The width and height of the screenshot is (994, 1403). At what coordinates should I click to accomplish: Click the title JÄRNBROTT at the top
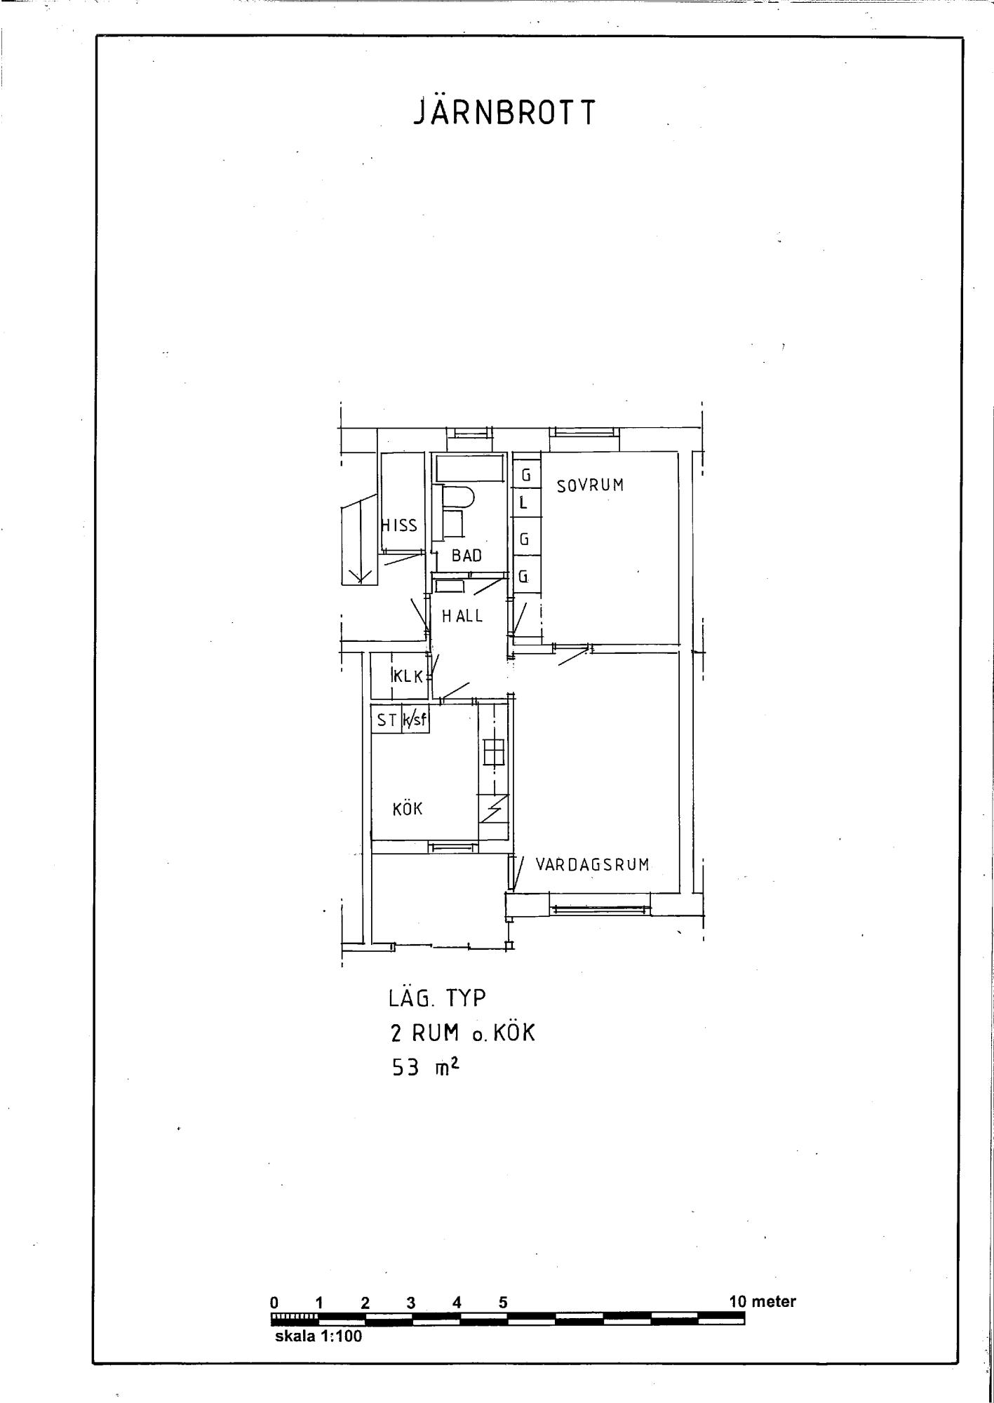(x=504, y=112)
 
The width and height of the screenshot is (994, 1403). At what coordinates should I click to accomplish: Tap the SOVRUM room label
(x=590, y=485)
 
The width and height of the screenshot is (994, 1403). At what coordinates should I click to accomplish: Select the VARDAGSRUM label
(x=593, y=864)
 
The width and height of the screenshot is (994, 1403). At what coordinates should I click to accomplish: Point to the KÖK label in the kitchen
(x=408, y=808)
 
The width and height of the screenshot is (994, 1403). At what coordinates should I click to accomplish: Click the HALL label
(x=462, y=616)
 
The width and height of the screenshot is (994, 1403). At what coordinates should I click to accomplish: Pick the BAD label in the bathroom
(x=466, y=556)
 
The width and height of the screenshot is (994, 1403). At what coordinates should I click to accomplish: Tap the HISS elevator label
(x=399, y=525)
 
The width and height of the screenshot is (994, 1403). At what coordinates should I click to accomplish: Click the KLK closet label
(x=408, y=677)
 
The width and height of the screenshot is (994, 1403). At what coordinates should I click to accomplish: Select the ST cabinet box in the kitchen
(x=386, y=719)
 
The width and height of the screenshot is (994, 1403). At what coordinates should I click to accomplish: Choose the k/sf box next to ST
(x=415, y=719)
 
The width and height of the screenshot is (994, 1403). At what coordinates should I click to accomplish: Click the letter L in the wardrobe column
(x=523, y=503)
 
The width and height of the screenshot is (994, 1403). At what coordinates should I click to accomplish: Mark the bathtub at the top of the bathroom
(x=469, y=468)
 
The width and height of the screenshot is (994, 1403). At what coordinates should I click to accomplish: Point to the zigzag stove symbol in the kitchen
(x=494, y=810)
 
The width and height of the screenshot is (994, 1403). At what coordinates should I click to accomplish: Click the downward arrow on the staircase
(x=361, y=540)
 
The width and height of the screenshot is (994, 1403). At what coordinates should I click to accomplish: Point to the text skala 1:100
(x=318, y=1336)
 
